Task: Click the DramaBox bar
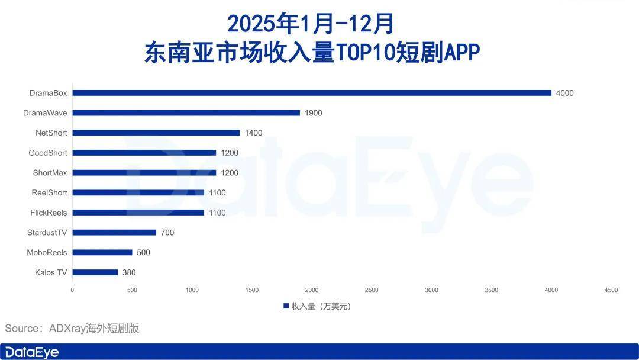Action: point(312,93)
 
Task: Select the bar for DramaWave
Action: point(186,112)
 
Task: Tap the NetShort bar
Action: point(156,133)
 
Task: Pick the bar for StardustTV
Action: point(114,233)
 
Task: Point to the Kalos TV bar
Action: point(95,272)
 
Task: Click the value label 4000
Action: point(564,93)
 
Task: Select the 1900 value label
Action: point(313,112)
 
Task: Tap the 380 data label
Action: point(129,272)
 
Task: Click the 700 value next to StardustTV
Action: point(167,233)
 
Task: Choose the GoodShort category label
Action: point(48,153)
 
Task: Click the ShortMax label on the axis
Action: point(50,173)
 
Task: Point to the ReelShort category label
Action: point(49,192)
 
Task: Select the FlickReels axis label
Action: point(49,213)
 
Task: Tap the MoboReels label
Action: point(47,252)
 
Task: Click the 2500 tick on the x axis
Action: point(372,290)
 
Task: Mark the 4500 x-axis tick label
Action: point(611,290)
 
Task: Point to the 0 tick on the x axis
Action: point(72,290)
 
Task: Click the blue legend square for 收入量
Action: point(286,306)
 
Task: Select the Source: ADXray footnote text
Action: point(72,328)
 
